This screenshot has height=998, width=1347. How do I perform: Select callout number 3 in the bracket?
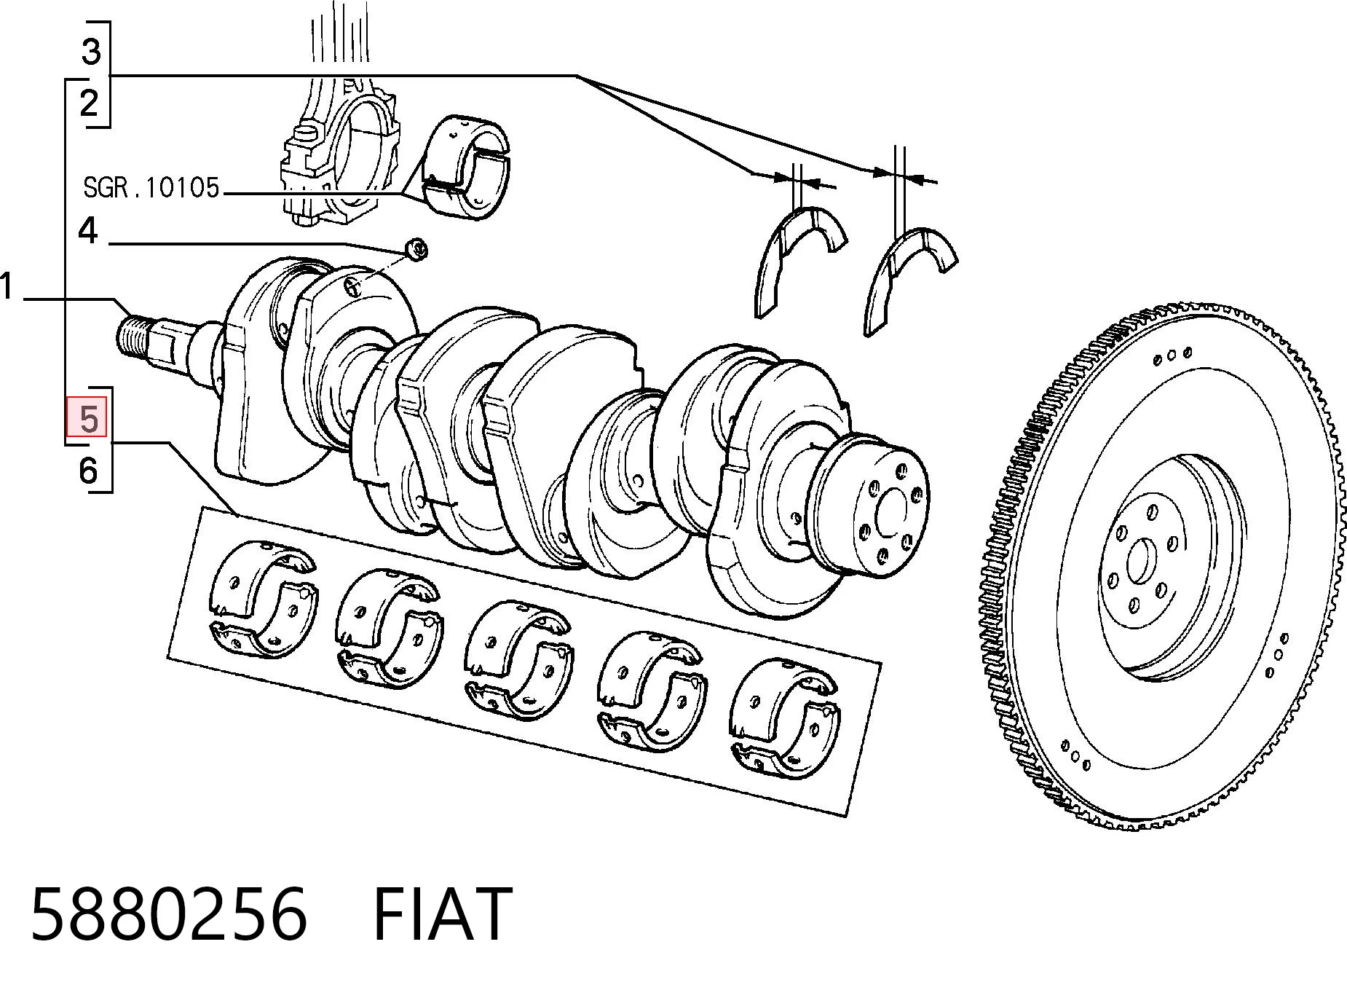[x=90, y=51]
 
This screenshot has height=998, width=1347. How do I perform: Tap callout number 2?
[x=89, y=103]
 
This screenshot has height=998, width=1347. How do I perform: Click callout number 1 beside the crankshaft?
[x=7, y=286]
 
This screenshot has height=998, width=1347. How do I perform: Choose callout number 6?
[x=88, y=470]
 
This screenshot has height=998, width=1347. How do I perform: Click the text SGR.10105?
[x=151, y=188]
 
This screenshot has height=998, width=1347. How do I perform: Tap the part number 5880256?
[x=169, y=913]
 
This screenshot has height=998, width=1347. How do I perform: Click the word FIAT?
[x=443, y=913]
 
